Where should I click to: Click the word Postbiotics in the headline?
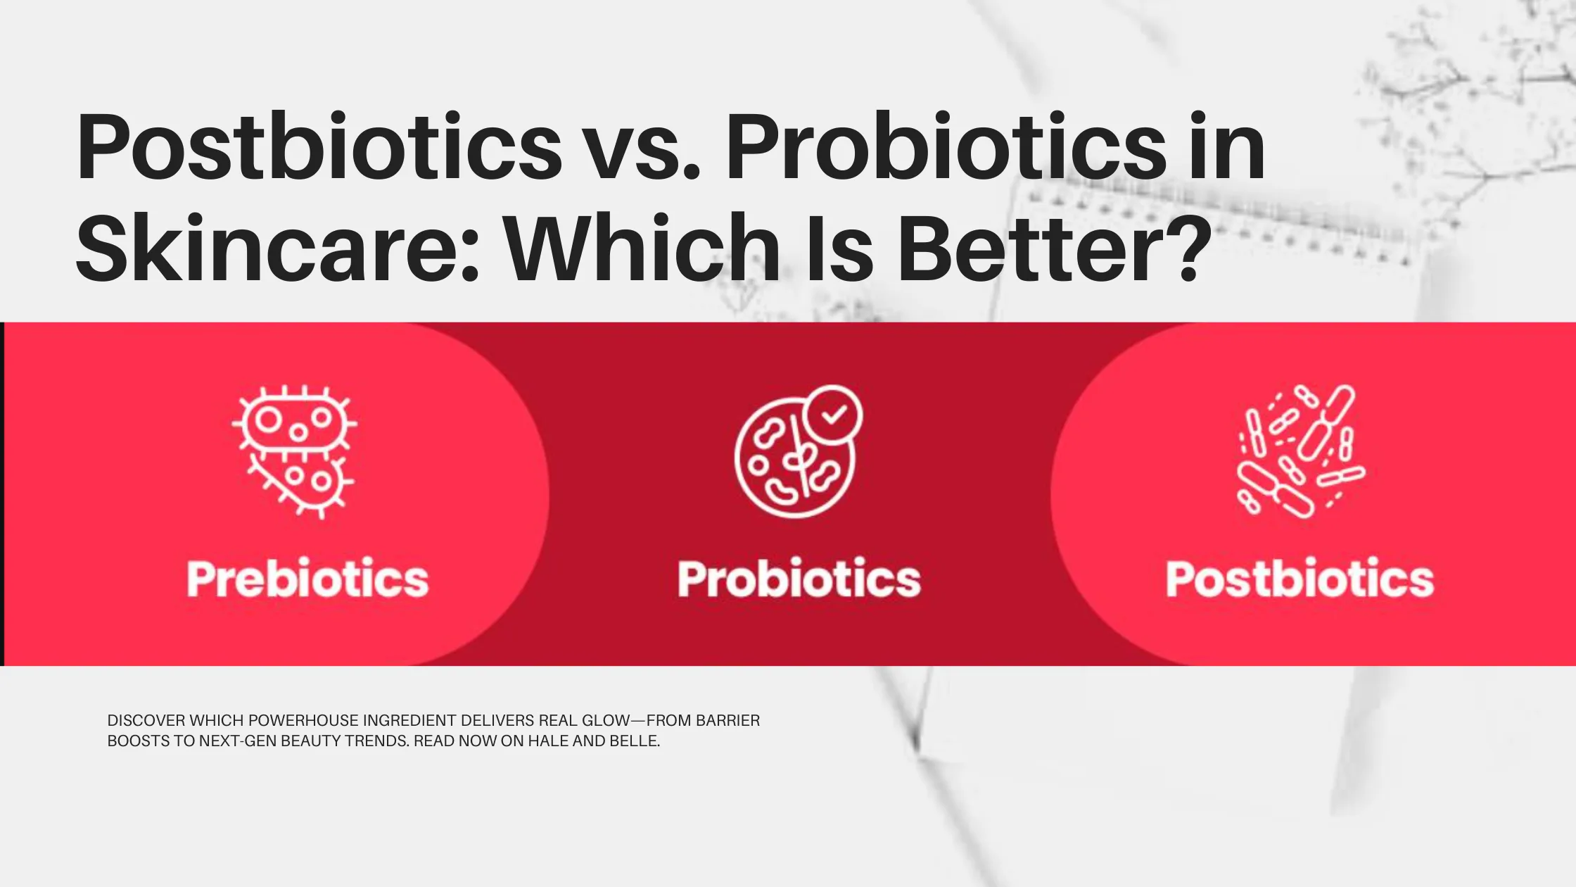319,148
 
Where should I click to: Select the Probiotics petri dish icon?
795,454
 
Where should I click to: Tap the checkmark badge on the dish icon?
834,415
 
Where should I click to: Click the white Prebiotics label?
307,579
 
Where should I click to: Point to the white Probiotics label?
799,579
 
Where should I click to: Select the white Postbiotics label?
1299,579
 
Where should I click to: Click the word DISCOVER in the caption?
146,721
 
